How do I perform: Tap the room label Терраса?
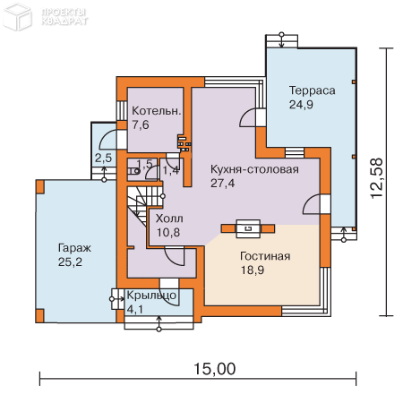click(312, 90)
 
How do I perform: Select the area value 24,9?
click(302, 105)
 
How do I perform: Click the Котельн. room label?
click(157, 111)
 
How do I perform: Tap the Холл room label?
click(169, 218)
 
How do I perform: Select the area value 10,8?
click(168, 232)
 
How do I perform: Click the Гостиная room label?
click(264, 256)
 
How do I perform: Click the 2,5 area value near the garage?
click(103, 158)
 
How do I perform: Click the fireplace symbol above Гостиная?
click(246, 228)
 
